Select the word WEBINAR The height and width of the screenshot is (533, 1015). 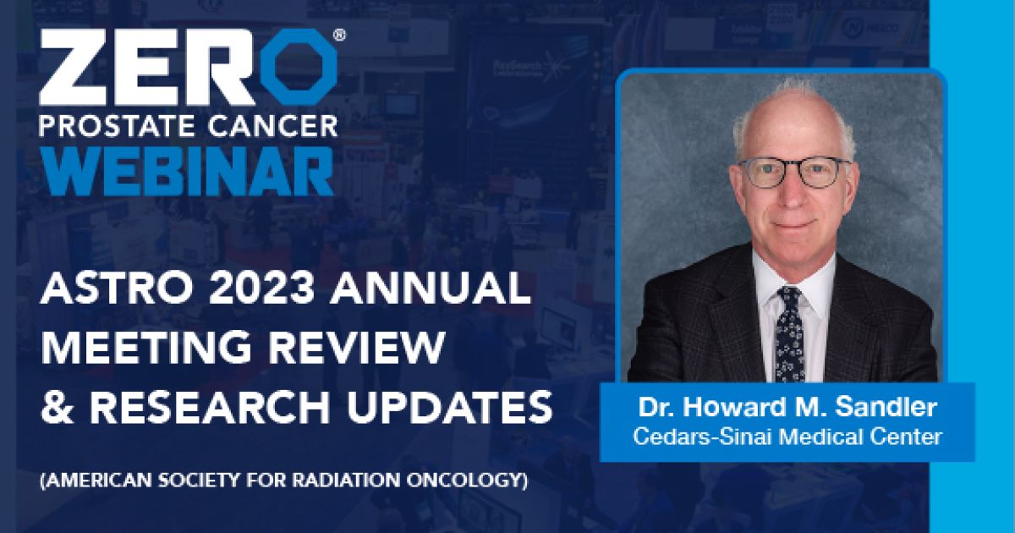[187, 171]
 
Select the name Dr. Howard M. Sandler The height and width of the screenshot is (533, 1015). [787, 408]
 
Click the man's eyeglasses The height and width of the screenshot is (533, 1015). [793, 173]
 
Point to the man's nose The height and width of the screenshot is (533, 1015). [793, 191]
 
